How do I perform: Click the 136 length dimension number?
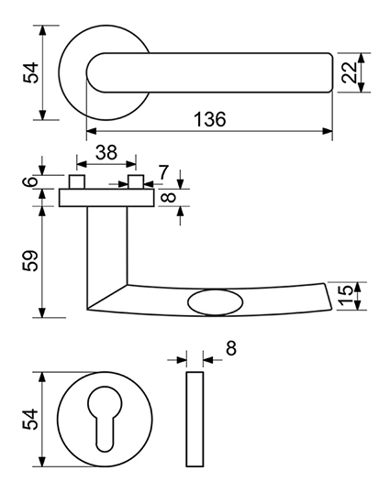point(209,119)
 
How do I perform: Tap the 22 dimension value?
point(350,72)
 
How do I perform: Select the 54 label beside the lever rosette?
point(30,72)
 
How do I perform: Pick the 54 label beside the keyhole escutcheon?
point(30,419)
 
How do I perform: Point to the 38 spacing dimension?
point(106,152)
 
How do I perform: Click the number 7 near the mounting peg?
point(163,172)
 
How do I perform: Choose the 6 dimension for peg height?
point(30,181)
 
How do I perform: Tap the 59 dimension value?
point(30,260)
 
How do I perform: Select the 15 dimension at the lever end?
point(347,295)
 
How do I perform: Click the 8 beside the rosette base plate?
point(170,198)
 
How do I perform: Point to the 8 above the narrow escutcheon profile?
point(231,348)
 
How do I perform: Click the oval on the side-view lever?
point(216,302)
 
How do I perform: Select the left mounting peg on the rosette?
point(77,182)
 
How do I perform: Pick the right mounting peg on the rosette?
point(136,182)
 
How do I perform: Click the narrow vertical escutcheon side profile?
point(195,420)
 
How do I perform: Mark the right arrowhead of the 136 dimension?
point(328,131)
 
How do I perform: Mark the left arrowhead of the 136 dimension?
point(92,131)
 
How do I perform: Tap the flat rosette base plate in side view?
point(106,198)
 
